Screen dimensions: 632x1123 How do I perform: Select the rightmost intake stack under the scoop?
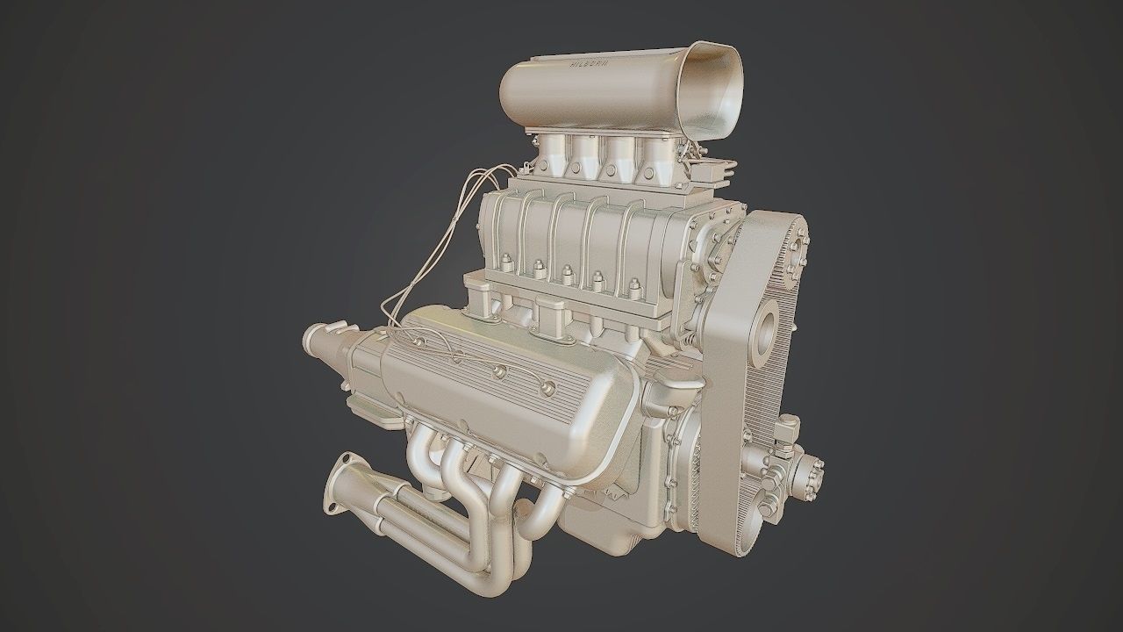[658, 154]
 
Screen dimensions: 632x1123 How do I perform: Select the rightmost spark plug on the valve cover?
[548, 387]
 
